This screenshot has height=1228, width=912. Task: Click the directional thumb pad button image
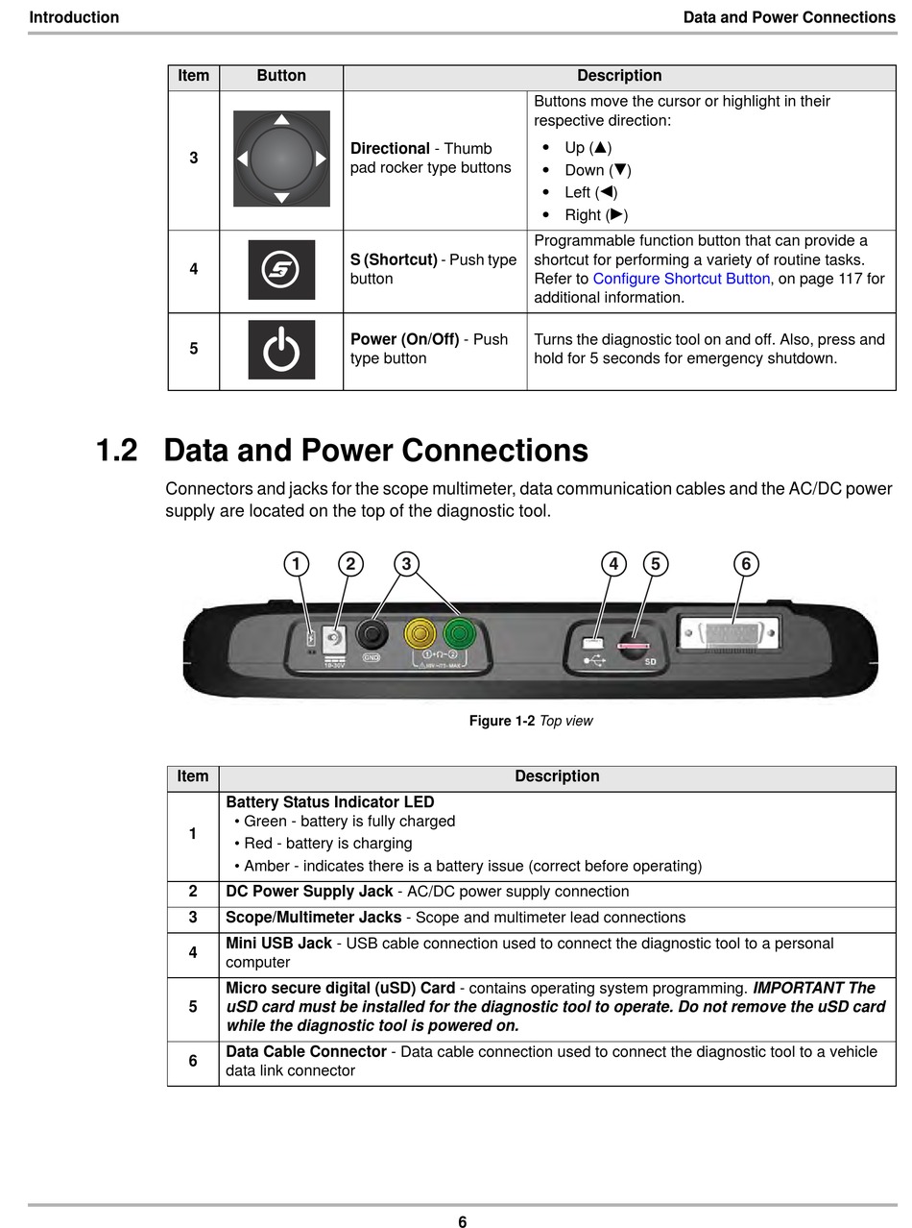281,159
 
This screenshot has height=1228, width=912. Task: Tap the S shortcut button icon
281,270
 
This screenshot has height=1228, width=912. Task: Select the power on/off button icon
281,350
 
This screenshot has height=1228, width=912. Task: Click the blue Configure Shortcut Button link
681,279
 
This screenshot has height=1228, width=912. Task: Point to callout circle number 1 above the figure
297,564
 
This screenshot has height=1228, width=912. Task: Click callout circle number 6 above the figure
746,564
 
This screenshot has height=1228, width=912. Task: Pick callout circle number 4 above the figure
613,564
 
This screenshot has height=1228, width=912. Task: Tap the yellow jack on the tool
421,633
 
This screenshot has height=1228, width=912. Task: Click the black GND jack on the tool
372,634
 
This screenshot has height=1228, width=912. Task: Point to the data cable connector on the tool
730,635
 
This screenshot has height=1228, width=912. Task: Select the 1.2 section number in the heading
116,451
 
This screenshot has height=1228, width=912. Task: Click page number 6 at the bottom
462,1222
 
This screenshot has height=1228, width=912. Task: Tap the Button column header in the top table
281,76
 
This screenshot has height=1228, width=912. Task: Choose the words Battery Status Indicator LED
329,802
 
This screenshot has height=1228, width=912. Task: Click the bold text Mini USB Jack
278,944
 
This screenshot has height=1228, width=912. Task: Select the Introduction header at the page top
74,17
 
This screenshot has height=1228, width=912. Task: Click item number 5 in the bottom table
193,1007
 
